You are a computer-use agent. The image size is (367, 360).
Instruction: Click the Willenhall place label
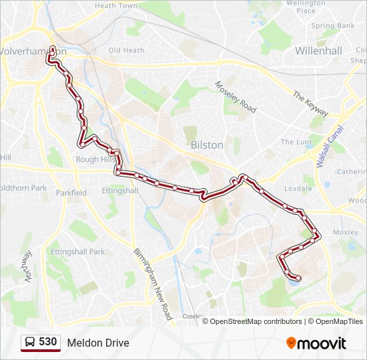(318, 51)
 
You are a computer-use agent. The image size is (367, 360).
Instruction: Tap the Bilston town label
(207, 145)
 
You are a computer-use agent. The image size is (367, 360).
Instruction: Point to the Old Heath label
(126, 50)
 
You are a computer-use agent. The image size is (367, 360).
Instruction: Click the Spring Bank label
(332, 26)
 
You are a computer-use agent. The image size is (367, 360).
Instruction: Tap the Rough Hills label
(95, 159)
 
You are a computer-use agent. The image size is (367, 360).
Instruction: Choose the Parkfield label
(71, 193)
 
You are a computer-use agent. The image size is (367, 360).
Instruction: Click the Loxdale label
(298, 189)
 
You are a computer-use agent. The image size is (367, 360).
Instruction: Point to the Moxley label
(346, 233)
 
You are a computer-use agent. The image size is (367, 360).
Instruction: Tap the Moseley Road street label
(236, 97)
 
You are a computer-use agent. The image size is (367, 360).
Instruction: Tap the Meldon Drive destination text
(98, 343)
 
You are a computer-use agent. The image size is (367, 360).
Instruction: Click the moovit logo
(316, 343)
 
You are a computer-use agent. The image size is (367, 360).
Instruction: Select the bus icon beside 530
(29, 342)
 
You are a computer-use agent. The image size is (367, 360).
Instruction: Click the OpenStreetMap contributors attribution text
(256, 321)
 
